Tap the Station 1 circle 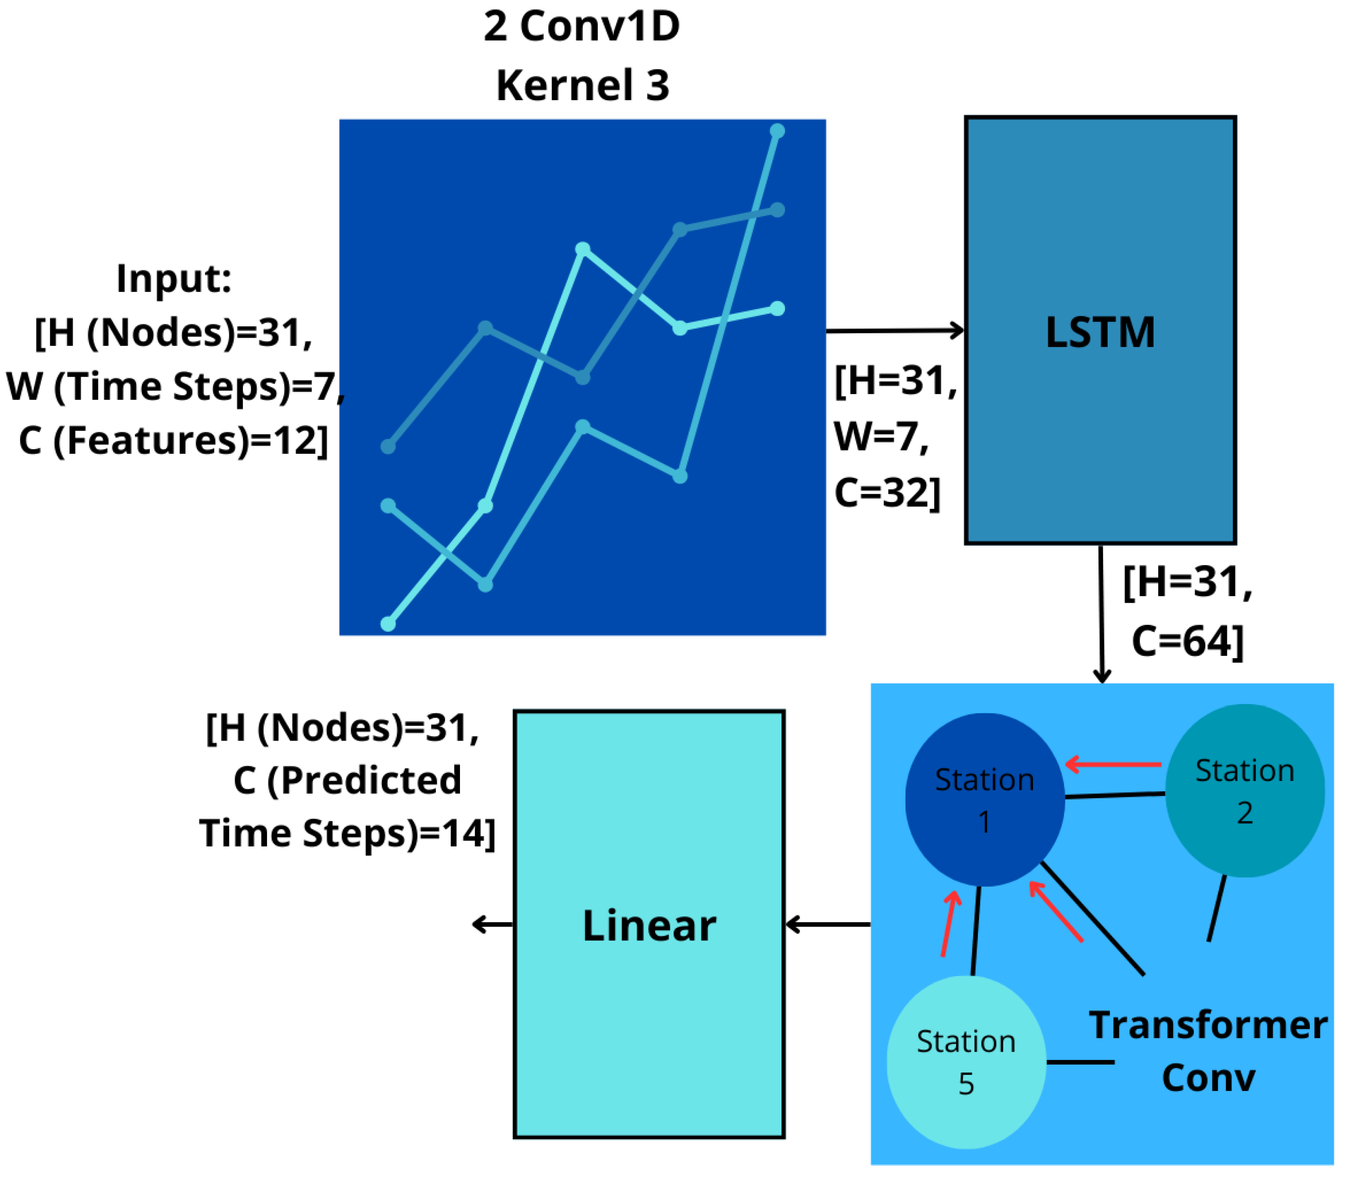[x=984, y=800]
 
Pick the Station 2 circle [x=1244, y=790]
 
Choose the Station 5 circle [x=966, y=1062]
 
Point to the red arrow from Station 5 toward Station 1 [x=949, y=923]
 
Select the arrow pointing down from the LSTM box [x=1101, y=613]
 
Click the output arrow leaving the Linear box [x=492, y=925]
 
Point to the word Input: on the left [x=174, y=278]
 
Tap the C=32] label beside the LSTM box [x=886, y=492]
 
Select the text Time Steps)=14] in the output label [x=347, y=833]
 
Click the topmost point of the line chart [x=777, y=131]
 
